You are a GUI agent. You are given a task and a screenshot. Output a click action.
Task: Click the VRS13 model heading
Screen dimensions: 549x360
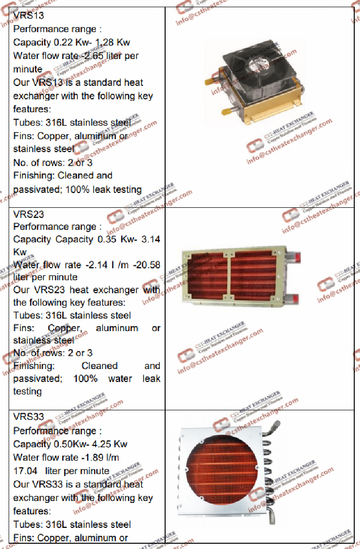pyautogui.click(x=29, y=16)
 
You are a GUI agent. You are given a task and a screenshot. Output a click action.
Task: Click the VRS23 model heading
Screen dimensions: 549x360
pyautogui.click(x=29, y=214)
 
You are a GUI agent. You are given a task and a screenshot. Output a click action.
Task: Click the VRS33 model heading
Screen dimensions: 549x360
pyautogui.click(x=29, y=417)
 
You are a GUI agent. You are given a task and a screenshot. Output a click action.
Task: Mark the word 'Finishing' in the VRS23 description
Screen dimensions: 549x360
pyautogui.click(x=34, y=366)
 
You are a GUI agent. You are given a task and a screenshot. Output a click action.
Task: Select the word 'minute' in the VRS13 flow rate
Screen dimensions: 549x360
pyautogui.click(x=28, y=69)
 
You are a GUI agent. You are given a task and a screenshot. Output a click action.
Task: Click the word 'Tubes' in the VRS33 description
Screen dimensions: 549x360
pyautogui.click(x=26, y=525)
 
